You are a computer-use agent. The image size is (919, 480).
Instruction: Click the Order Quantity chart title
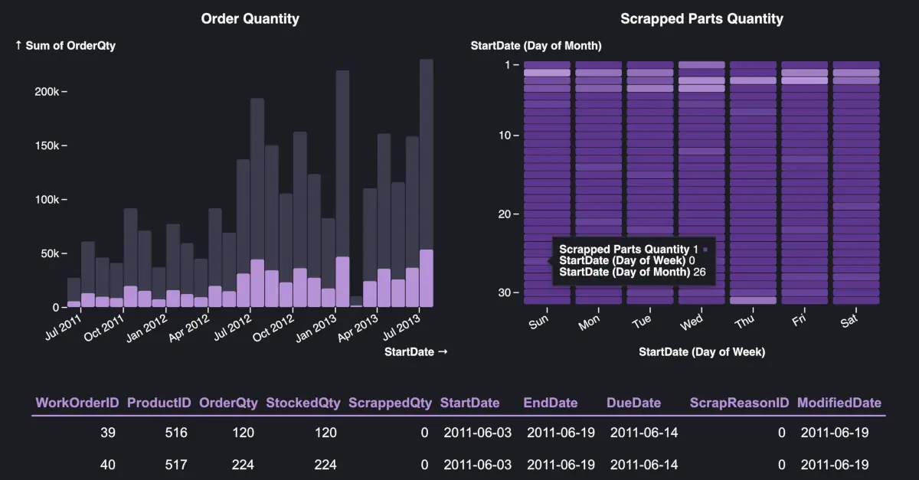pos(250,18)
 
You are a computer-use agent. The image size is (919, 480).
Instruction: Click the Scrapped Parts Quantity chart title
pos(702,18)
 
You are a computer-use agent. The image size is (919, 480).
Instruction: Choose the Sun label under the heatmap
pos(538,323)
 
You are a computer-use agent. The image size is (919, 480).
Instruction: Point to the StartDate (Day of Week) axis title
pos(702,352)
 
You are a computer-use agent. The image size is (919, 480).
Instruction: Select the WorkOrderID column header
pos(76,403)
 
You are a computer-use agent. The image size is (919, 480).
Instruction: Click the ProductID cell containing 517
pos(176,464)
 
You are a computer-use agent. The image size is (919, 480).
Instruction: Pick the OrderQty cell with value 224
pos(242,464)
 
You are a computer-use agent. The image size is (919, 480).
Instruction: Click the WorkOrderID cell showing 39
pos(108,433)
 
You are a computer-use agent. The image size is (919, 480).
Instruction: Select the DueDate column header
pos(634,403)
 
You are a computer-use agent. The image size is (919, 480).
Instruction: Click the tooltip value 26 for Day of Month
pos(699,272)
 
